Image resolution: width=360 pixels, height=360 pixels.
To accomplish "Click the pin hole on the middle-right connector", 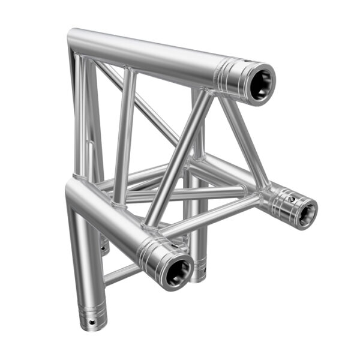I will coord(290,195).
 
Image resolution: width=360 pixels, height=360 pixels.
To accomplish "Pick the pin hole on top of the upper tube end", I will coord(248,62).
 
